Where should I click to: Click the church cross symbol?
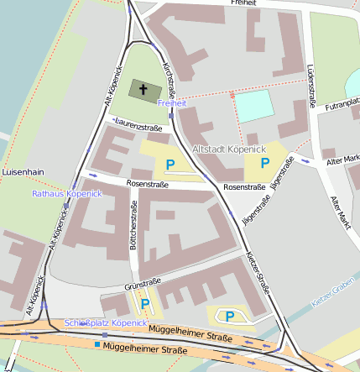pos(143,89)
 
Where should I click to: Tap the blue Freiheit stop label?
pos(171,102)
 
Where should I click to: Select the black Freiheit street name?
pos(244,3)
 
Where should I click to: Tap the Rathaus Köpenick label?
pos(66,193)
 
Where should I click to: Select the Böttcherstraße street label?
pos(133,228)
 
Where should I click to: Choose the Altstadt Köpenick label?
pos(230,149)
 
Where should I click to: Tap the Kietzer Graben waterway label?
pos(334,293)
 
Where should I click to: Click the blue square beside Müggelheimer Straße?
pos(97,344)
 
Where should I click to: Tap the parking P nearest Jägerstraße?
pos(265,162)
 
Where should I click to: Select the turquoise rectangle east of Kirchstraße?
pos(254,106)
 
